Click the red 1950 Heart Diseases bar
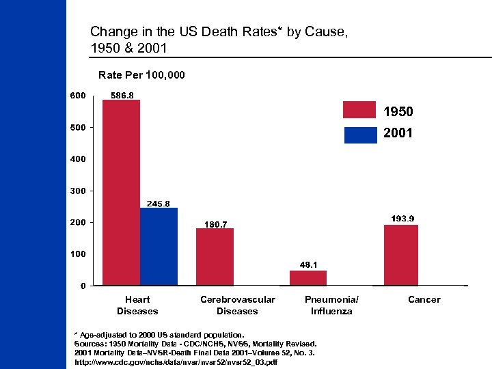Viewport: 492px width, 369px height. click(121, 192)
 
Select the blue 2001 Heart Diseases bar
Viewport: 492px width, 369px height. click(159, 246)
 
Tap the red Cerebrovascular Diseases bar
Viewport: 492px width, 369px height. click(215, 256)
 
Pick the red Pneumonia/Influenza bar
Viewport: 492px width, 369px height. click(308, 277)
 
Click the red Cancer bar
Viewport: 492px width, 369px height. click(401, 254)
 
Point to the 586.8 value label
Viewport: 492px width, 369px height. click(122, 96)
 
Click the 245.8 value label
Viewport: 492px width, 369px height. click(159, 204)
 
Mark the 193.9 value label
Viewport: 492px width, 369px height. click(402, 219)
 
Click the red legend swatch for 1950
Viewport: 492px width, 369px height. click(360, 110)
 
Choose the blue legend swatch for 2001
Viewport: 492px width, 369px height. click(360, 135)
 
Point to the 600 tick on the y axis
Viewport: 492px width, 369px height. click(77, 96)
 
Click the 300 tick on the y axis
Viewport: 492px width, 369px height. click(77, 191)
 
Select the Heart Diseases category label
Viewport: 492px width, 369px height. click(137, 305)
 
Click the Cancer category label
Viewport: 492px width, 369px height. click(424, 299)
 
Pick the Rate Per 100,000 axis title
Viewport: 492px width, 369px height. click(141, 74)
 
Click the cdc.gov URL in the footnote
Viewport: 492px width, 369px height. click(176, 361)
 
